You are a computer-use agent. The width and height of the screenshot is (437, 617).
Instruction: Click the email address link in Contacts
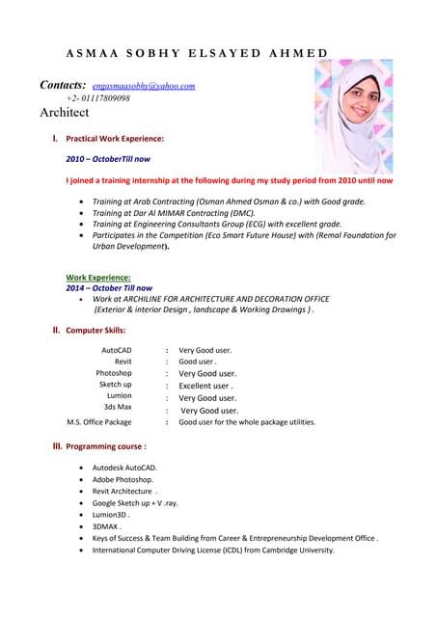[x=144, y=86]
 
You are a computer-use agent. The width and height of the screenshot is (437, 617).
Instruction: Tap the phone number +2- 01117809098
[x=97, y=98]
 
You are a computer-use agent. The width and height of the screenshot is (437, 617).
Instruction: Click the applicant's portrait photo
[x=353, y=103]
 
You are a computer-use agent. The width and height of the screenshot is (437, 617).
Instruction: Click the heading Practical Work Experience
[x=107, y=139]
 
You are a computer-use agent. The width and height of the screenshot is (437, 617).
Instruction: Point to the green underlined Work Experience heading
[x=97, y=278]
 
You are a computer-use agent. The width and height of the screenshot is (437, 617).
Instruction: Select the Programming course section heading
[x=105, y=446]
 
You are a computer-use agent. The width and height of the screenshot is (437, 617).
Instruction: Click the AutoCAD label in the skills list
[x=117, y=350]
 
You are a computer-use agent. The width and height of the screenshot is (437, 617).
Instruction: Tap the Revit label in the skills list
[x=123, y=362]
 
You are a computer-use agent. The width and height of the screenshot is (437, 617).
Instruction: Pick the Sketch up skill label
[x=116, y=384]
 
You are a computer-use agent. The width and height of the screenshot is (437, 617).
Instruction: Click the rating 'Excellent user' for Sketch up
[x=205, y=385]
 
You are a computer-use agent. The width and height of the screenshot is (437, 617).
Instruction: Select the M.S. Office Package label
[x=98, y=421]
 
